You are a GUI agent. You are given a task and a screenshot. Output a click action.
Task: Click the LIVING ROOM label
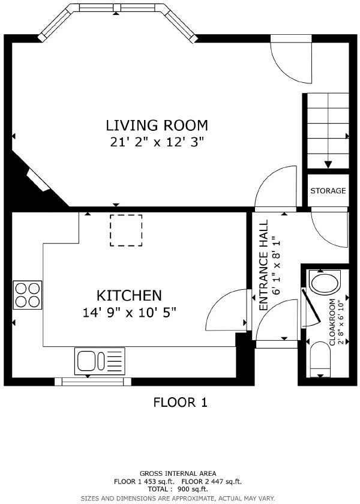coord(157,125)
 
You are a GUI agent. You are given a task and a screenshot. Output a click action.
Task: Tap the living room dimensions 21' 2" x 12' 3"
coord(157,142)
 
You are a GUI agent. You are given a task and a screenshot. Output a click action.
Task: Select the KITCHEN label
coord(129,295)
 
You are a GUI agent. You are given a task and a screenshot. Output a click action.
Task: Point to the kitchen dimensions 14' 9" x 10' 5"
coord(129,312)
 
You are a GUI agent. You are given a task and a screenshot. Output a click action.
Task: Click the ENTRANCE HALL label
coord(263,265)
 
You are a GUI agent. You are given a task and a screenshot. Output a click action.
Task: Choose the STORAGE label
coord(328,191)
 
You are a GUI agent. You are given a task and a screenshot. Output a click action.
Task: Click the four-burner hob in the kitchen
coord(28,295)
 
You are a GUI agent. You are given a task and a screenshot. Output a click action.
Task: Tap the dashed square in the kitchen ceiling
coord(126,230)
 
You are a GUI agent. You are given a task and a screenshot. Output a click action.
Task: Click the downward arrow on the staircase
coord(328,163)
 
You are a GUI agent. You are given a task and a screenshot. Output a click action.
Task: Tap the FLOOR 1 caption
coord(180,402)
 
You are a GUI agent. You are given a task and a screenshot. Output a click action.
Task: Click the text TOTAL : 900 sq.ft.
coord(178,490)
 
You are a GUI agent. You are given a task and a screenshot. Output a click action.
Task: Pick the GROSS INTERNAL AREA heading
coord(178,473)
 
